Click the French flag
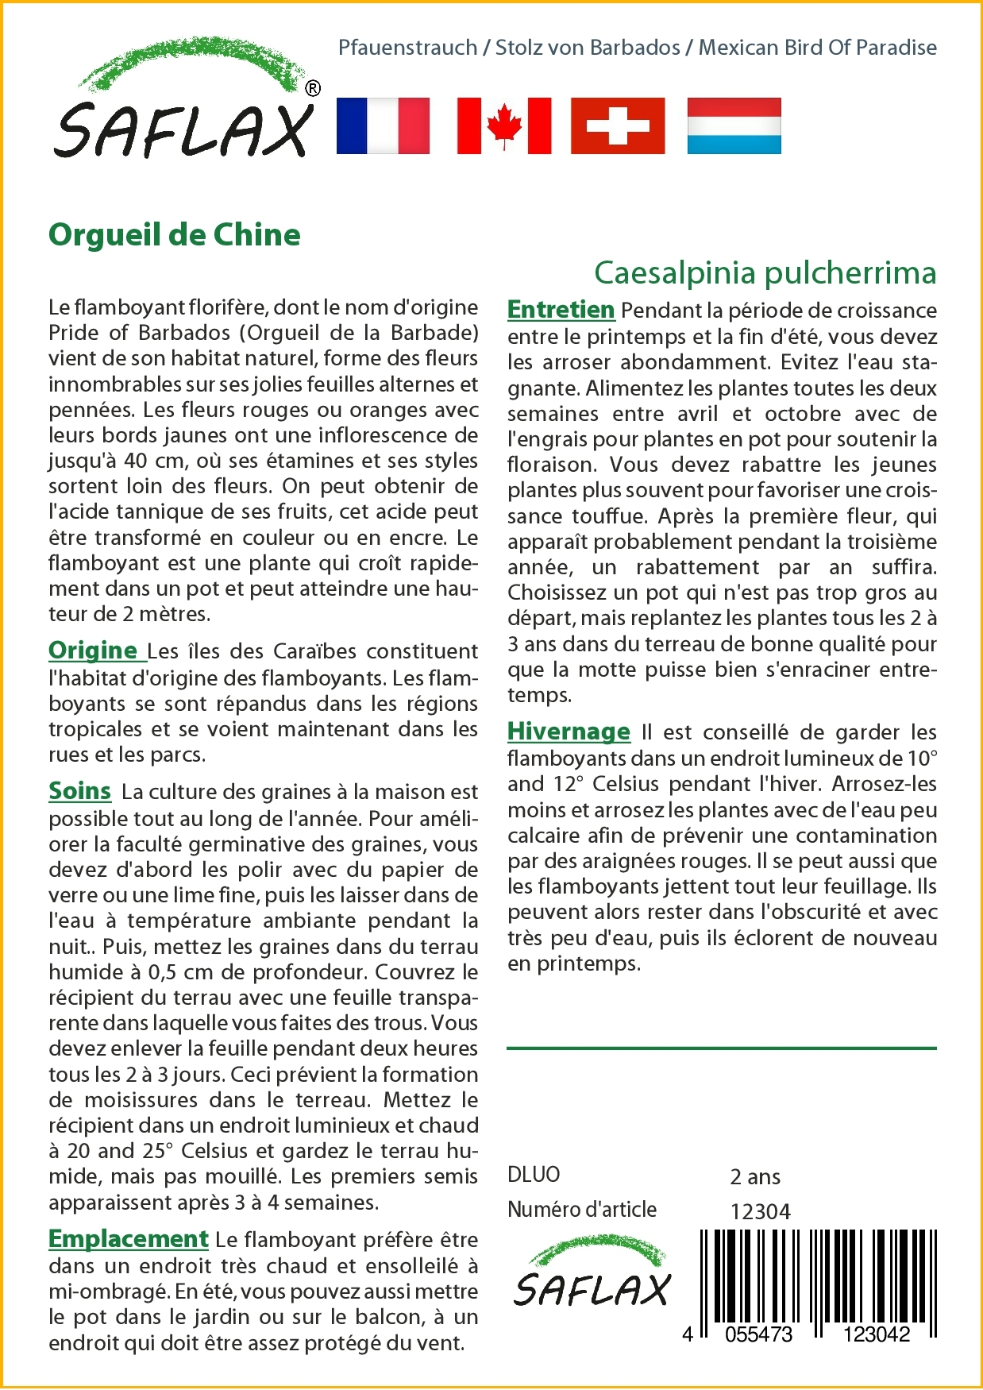[383, 125]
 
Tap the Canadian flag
[504, 125]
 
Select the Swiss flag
[618, 125]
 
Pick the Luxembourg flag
[734, 125]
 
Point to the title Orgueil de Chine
[175, 235]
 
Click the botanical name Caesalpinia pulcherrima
[765, 272]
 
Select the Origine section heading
[94, 651]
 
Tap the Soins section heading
[79, 791]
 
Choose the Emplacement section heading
[128, 1239]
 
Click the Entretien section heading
[561, 310]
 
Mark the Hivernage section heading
[569, 732]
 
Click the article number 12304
[760, 1211]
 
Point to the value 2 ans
[754, 1176]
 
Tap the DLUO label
[534, 1175]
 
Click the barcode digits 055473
[758, 1334]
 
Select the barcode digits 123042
[876, 1334]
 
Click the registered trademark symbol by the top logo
[313, 88]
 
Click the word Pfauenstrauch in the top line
[407, 48]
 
